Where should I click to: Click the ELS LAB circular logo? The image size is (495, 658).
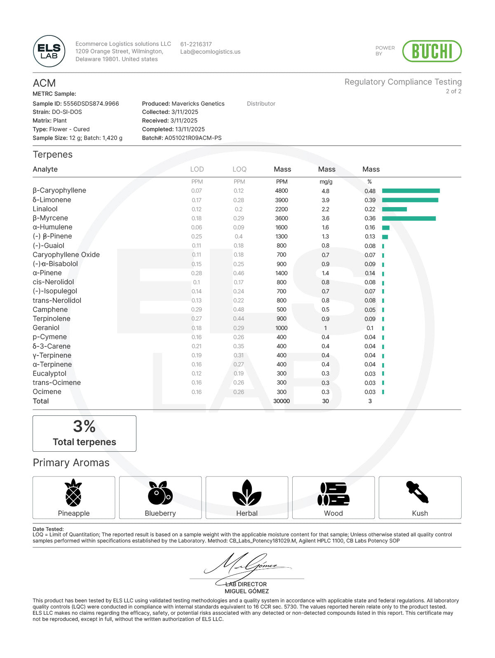[49, 51]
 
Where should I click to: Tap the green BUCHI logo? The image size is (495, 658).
[432, 51]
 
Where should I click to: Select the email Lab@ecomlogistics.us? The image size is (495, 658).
[210, 52]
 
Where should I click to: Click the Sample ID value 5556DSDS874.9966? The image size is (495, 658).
[91, 104]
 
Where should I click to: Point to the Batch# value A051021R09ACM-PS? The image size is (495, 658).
[193, 138]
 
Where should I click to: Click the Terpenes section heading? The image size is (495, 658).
[53, 155]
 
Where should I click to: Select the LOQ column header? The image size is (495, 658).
[239, 169]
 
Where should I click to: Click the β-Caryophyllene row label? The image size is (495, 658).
[59, 191]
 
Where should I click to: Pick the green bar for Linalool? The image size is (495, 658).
[394, 209]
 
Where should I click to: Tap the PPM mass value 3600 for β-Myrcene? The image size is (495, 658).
[282, 218]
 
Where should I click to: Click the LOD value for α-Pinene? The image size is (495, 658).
[197, 273]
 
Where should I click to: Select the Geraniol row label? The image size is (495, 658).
[46, 328]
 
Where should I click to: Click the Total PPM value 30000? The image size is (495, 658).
[282, 401]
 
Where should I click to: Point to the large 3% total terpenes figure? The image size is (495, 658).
[84, 427]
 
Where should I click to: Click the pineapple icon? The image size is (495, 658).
[73, 493]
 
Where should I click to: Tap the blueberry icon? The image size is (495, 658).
[160, 493]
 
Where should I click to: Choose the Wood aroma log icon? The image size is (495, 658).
[333, 494]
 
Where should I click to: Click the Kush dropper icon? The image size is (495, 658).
[418, 492]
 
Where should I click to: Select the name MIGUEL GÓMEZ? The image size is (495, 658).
[246, 591]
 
